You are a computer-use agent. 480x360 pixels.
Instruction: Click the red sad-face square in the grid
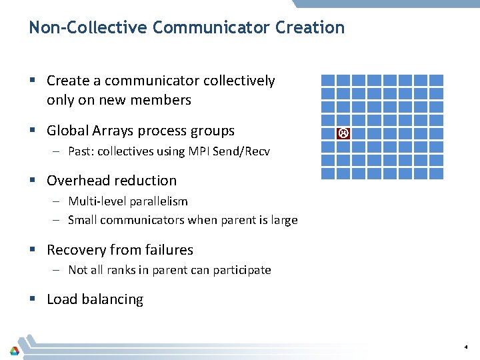[x=343, y=133]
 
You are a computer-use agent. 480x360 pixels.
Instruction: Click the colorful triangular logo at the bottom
[x=14, y=350]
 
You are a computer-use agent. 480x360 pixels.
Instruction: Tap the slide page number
[x=466, y=347]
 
